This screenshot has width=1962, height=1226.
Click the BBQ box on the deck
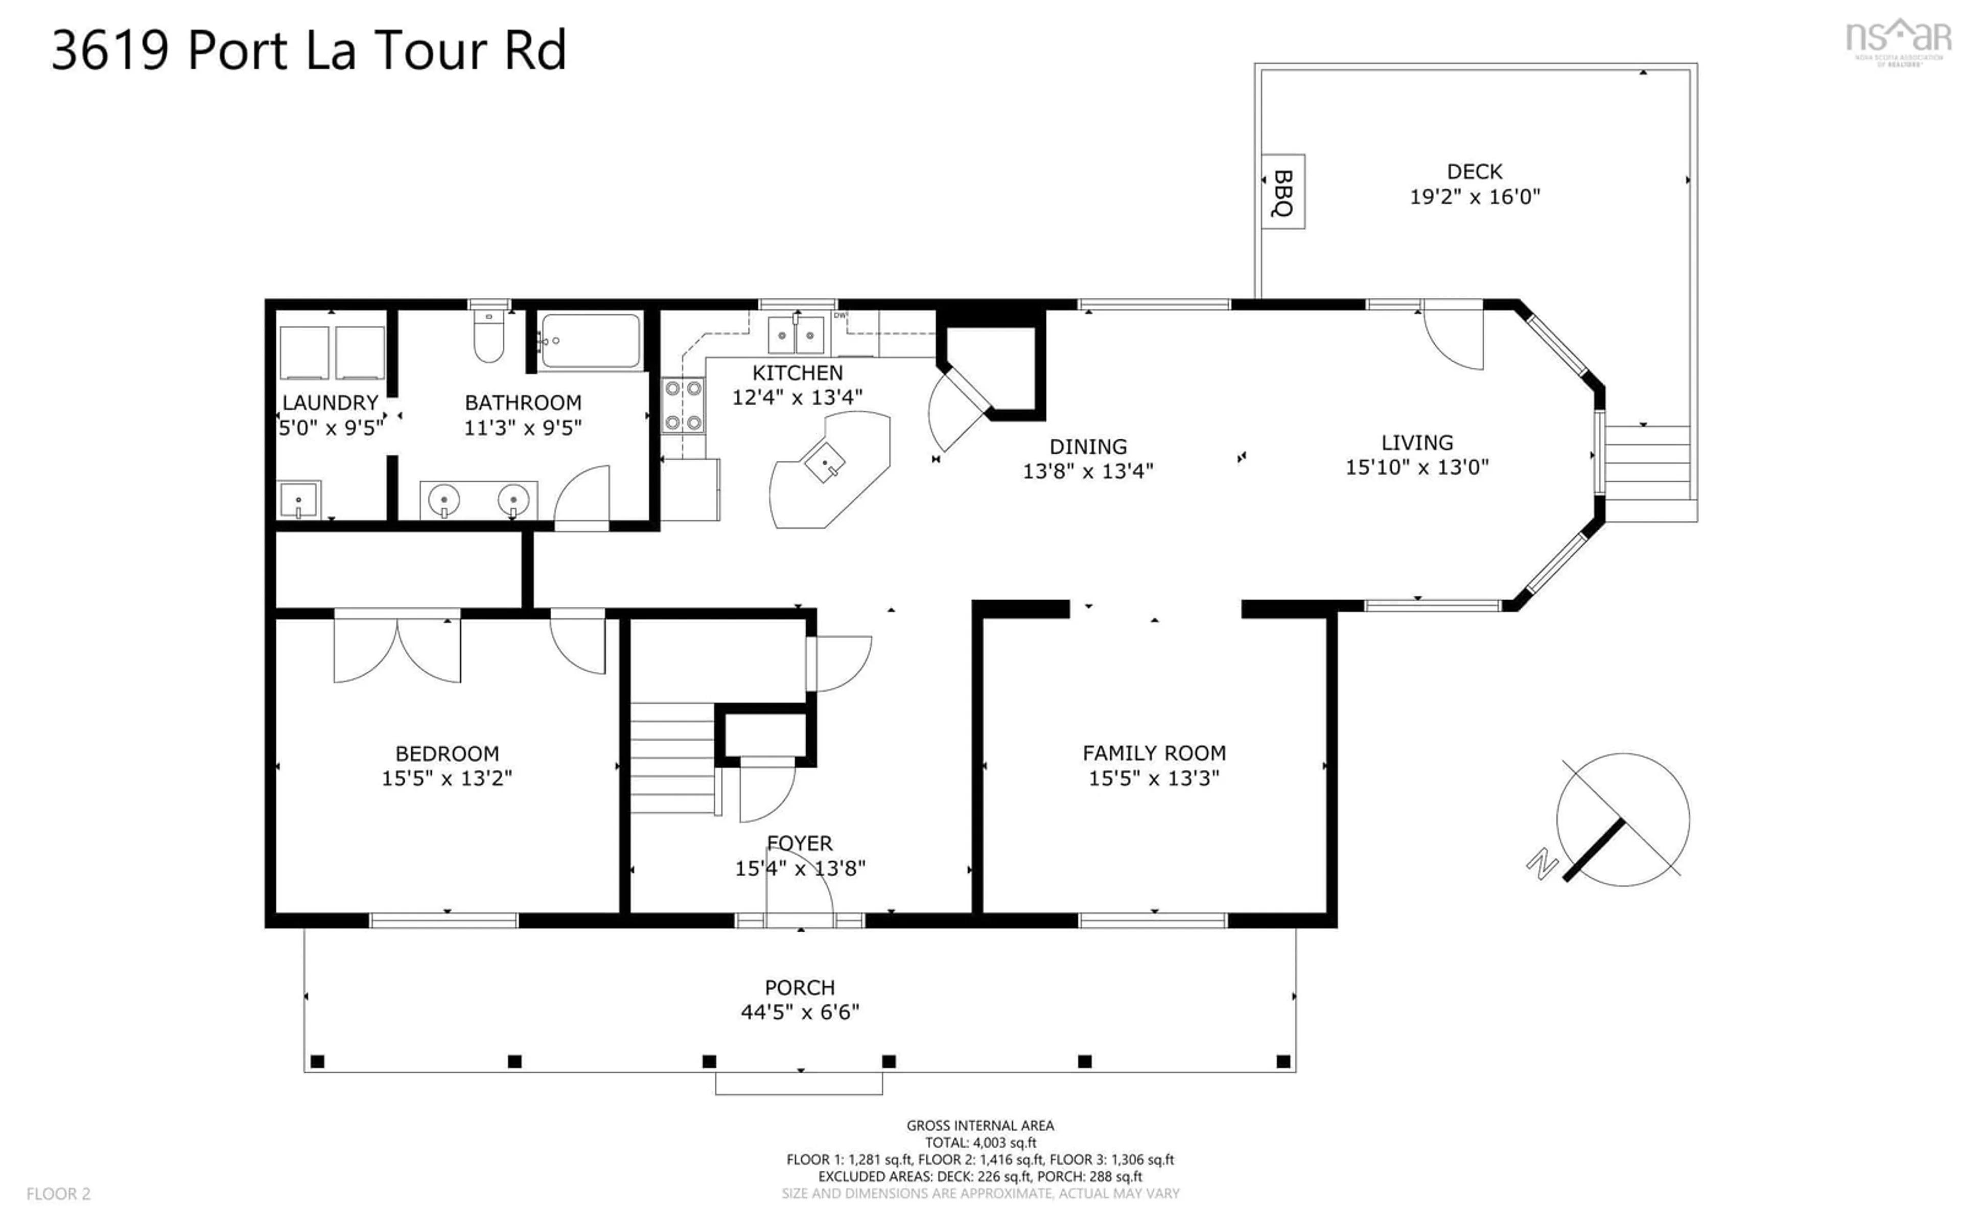tap(1282, 192)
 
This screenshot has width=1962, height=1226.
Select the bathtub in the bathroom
tap(590, 341)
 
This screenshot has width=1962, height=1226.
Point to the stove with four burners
tap(683, 406)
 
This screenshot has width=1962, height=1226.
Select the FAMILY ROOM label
tap(1154, 753)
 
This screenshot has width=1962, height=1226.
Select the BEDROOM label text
tap(447, 753)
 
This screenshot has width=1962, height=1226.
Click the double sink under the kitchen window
tap(796, 335)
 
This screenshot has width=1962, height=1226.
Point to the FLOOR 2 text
tap(58, 1194)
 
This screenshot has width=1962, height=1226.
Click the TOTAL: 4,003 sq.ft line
tap(980, 1143)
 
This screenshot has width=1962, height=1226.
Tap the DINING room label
tap(1087, 447)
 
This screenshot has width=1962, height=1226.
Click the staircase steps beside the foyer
tap(671, 758)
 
